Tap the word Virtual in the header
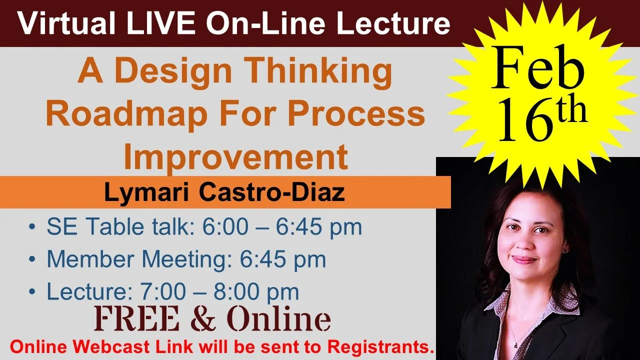[54, 24]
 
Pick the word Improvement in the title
[235, 157]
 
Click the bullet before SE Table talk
[32, 228]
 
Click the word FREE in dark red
[141, 318]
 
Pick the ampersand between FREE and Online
[203, 319]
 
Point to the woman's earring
[565, 248]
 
